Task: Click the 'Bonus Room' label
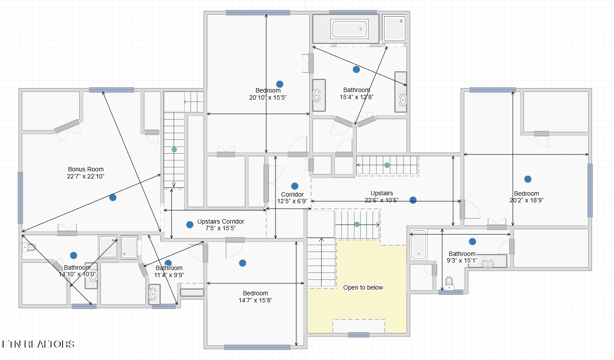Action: [86, 169]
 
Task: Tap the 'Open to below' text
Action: [363, 287]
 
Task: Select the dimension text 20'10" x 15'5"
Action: [268, 97]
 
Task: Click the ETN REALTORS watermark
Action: [38, 344]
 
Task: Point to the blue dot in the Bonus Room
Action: [113, 197]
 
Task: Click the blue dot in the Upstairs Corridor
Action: [190, 225]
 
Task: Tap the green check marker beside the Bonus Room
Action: [174, 150]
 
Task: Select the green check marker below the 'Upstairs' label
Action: [357, 225]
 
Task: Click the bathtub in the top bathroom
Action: [349, 28]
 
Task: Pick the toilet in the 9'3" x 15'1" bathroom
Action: [449, 283]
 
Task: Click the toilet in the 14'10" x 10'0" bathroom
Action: [29, 248]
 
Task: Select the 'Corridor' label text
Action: [292, 194]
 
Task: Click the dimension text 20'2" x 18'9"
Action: [527, 200]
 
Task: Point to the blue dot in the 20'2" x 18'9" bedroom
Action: [528, 179]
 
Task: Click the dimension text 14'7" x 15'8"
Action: [256, 300]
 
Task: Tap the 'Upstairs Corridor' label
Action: [221, 221]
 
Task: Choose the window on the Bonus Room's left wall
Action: [20, 198]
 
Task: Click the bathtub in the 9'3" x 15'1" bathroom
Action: [418, 245]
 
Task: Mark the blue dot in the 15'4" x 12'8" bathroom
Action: [356, 70]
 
